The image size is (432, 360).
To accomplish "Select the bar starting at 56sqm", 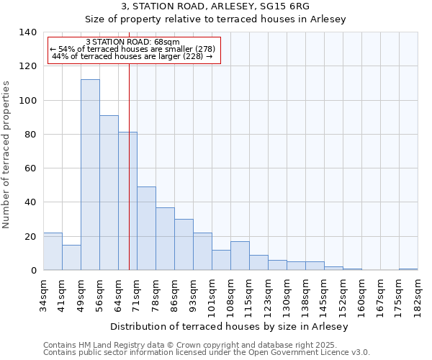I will point(109,193).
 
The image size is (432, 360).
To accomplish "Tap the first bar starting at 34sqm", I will point(53,251).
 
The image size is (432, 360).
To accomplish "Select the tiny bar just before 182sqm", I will point(408,269).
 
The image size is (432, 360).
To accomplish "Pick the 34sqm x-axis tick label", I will point(44,292).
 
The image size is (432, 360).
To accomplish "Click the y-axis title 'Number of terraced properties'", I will point(7,155).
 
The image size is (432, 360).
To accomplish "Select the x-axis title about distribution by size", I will point(230,327).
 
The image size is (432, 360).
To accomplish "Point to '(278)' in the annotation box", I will point(202,49).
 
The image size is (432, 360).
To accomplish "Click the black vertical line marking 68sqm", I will point(129,180).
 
